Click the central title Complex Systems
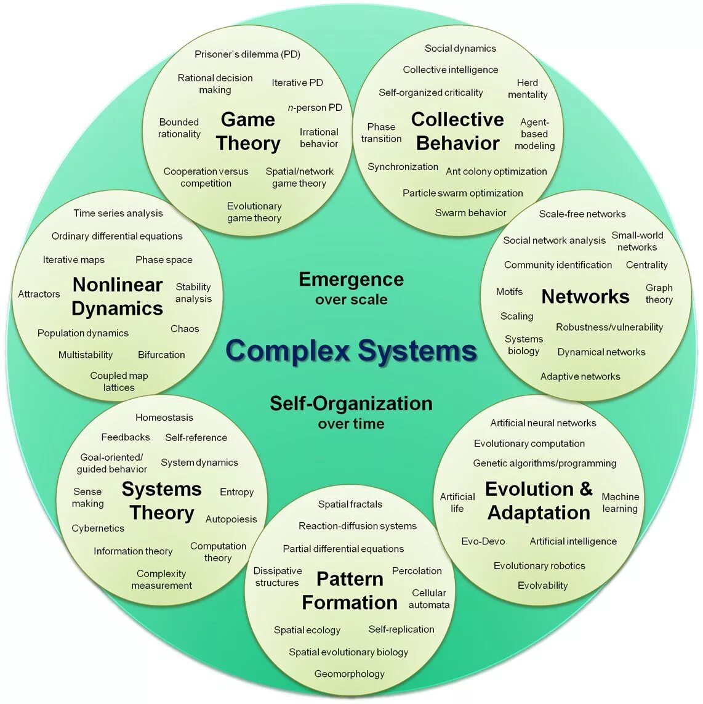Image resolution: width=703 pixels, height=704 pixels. (351, 351)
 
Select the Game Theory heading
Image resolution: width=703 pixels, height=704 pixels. (248, 131)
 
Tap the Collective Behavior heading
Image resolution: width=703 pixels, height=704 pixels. (457, 131)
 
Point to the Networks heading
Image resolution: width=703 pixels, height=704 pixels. (585, 297)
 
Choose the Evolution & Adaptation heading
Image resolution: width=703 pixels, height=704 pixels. (539, 501)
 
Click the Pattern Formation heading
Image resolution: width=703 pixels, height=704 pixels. (350, 591)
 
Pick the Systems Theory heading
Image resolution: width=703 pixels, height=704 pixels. (162, 501)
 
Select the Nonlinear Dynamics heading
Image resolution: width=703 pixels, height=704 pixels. (117, 296)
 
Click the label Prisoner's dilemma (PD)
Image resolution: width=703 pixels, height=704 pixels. (247, 54)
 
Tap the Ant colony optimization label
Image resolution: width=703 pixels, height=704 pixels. (496, 171)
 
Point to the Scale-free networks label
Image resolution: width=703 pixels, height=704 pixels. (582, 214)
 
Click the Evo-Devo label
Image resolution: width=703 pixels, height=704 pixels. (483, 541)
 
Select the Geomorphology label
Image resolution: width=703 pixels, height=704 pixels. (349, 674)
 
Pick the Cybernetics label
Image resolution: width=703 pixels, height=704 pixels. (98, 528)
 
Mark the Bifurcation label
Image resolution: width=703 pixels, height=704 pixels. (161, 355)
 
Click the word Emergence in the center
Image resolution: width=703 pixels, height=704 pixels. (351, 280)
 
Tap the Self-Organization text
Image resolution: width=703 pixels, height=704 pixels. (351, 403)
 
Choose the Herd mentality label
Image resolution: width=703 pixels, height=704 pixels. (528, 89)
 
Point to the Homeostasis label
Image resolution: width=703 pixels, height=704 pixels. (164, 418)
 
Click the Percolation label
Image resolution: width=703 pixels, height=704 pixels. (417, 571)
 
